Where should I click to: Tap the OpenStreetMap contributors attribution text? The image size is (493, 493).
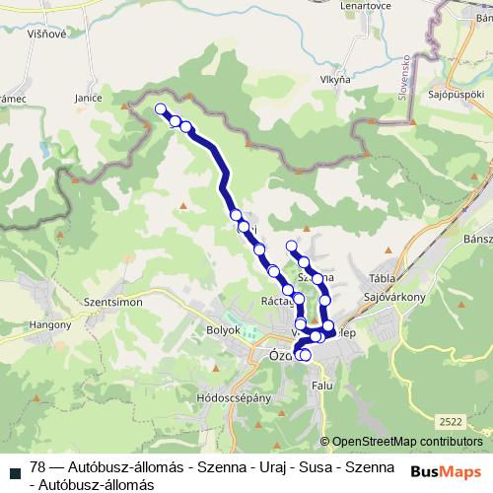(406, 441)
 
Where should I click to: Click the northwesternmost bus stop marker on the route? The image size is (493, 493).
(160, 109)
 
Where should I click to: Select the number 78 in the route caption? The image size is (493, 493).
(38, 466)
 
